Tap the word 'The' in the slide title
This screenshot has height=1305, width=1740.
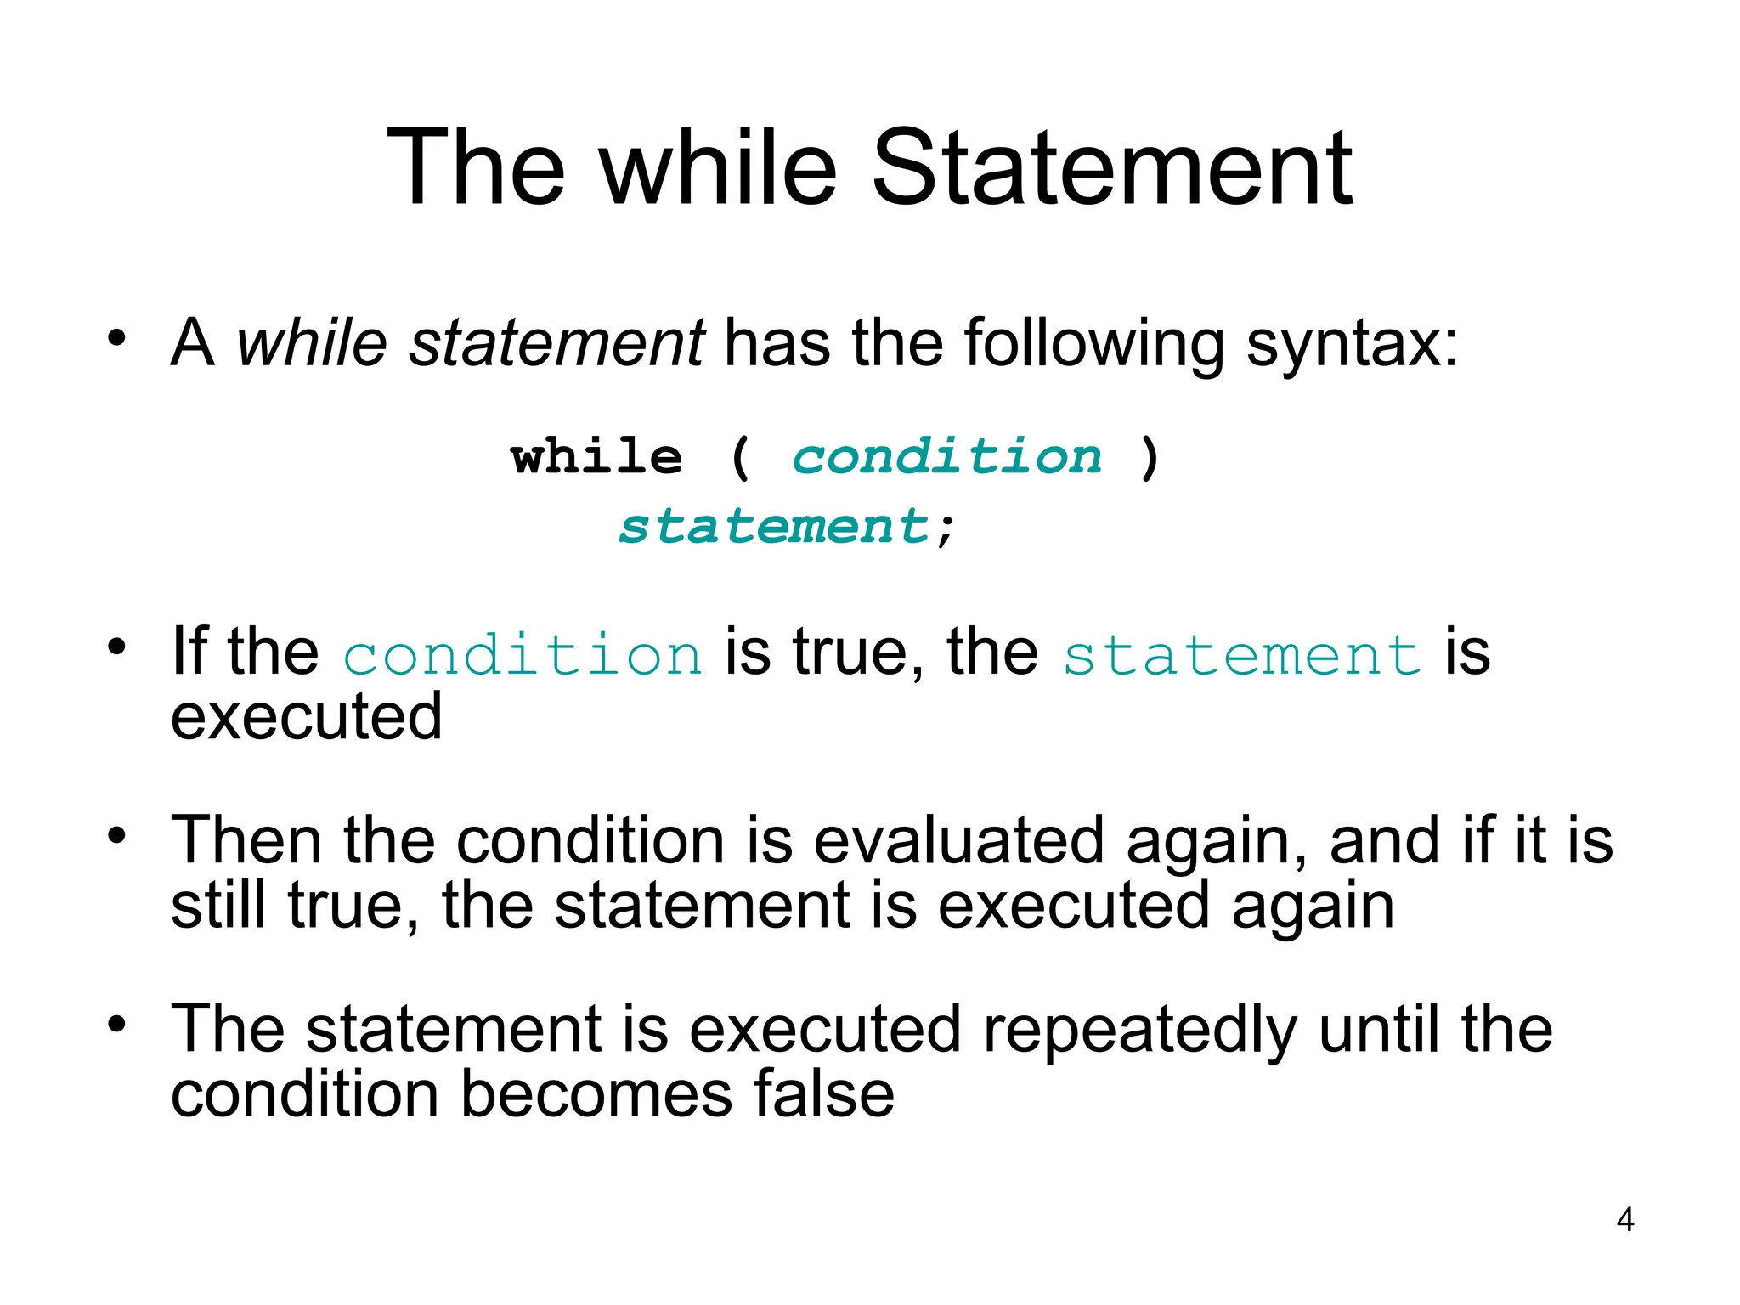point(475,167)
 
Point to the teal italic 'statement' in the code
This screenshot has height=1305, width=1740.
point(774,527)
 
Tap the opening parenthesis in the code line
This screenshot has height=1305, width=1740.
point(740,459)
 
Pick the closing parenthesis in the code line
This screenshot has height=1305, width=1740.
point(1149,459)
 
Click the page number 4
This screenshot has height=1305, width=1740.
point(1624,1220)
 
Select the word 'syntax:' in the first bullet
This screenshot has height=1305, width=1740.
point(1352,344)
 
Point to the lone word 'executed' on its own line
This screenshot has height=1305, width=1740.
point(307,716)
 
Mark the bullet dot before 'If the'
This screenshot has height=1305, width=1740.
point(116,647)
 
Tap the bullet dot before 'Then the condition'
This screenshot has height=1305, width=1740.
point(116,836)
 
